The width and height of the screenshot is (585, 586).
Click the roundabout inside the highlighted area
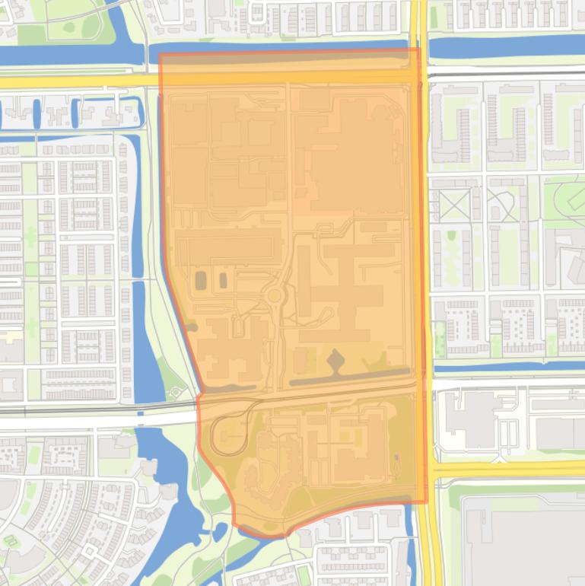(274, 296)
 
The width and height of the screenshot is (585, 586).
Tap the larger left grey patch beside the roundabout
(200, 280)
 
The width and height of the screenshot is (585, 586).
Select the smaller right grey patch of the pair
(223, 280)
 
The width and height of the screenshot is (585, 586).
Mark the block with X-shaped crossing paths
(454, 205)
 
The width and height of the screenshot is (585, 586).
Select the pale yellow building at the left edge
(9, 336)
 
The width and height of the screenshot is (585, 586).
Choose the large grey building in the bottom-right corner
(525, 540)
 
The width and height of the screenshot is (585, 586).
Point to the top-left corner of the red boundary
(160, 54)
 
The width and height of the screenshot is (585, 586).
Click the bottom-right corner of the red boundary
(426, 502)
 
